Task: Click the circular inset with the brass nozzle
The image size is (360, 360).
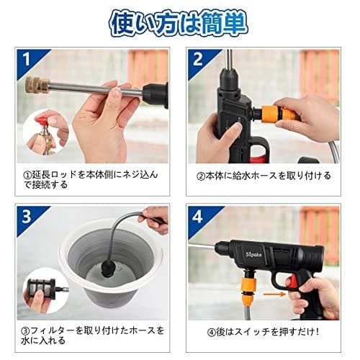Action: [44, 133]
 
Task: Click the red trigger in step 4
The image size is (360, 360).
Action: [298, 284]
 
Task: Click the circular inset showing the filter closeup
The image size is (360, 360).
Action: [45, 292]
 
